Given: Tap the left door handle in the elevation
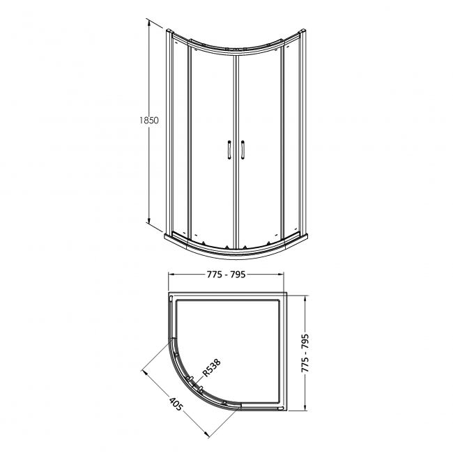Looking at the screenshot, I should click(227, 150).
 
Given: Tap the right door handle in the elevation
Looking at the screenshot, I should click(243, 150).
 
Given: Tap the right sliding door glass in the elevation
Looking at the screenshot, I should click(259, 139).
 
